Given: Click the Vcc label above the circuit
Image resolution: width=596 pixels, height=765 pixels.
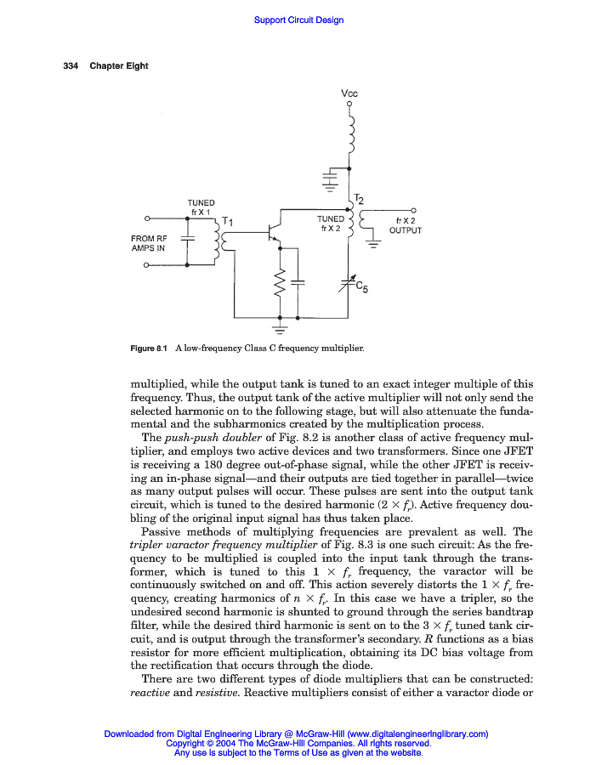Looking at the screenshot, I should [349, 94].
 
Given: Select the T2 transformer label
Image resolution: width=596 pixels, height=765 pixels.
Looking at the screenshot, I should [359, 199].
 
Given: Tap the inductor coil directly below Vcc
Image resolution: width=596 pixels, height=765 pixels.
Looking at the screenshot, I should [349, 132].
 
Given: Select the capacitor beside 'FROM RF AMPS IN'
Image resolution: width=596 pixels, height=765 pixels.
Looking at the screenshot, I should [188, 241].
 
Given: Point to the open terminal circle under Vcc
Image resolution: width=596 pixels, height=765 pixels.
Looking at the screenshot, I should [349, 105].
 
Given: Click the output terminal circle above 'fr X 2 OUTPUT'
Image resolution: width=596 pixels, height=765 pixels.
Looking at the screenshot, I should [413, 210].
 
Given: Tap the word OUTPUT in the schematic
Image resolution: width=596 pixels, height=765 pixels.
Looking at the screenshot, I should [406, 230].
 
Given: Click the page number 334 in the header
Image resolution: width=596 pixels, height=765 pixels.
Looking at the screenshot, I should [71, 66].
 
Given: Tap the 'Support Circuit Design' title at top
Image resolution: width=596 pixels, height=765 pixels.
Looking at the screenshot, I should [298, 20].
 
